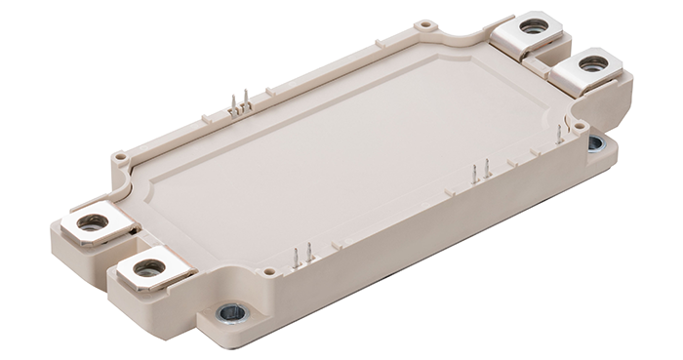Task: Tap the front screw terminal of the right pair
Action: click(x=591, y=66)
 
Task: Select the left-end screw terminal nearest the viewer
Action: click(x=147, y=267)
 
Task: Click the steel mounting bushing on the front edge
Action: click(x=232, y=313)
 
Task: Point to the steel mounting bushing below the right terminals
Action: click(x=595, y=144)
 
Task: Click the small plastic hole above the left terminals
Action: click(x=119, y=155)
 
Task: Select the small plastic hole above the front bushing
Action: click(x=267, y=272)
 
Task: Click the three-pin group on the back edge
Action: click(x=240, y=102)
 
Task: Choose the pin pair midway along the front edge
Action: click(x=480, y=173)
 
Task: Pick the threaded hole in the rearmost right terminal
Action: click(x=534, y=26)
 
